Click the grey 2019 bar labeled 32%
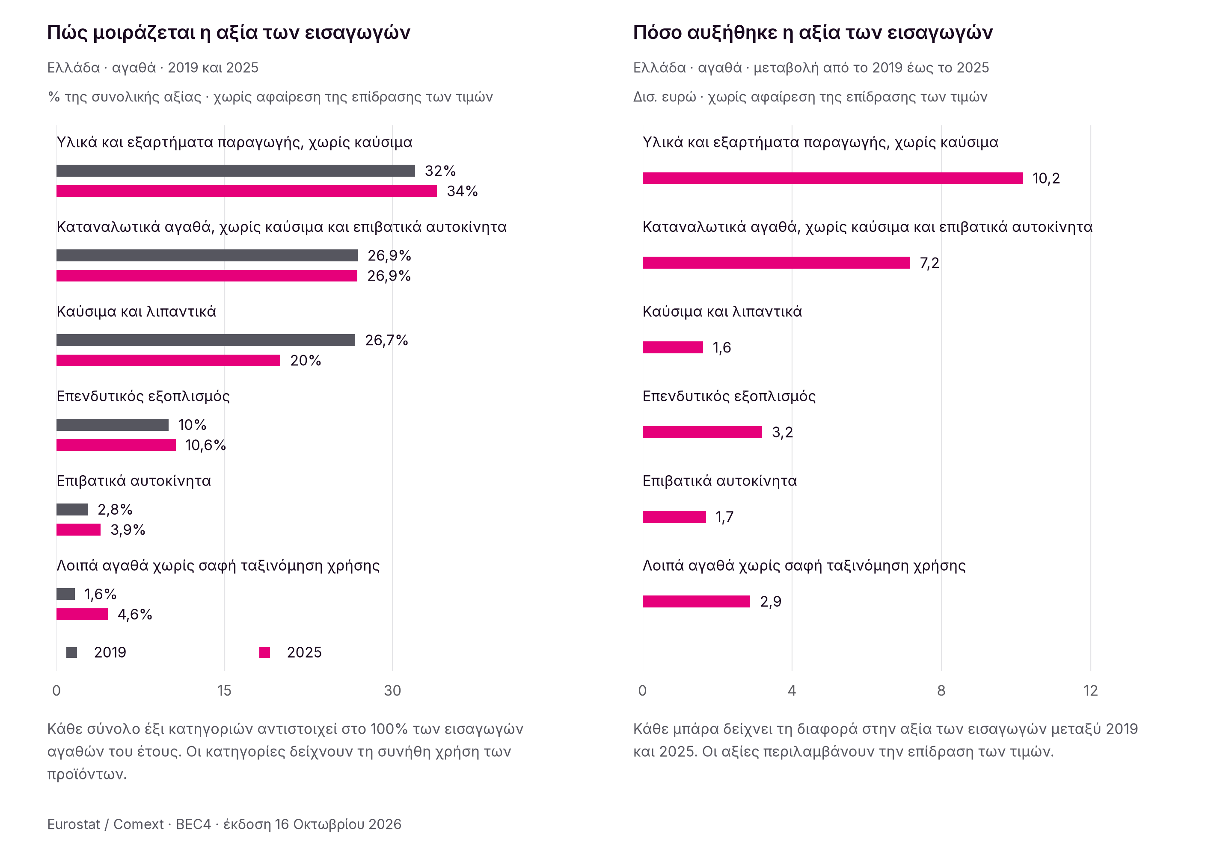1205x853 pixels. pos(235,171)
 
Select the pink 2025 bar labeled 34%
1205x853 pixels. pos(246,191)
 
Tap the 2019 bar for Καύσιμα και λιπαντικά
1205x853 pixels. pos(205,341)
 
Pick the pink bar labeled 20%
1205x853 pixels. pos(168,360)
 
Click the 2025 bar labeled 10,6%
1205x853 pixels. pos(116,445)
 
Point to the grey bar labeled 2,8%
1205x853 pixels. pos(72,509)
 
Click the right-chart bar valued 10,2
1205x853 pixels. pos(833,178)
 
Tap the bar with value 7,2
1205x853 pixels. pos(776,263)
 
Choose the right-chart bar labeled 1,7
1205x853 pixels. pos(674,517)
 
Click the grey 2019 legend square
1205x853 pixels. pos(72,652)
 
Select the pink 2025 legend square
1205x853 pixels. pos(265,652)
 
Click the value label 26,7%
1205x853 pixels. pos(386,341)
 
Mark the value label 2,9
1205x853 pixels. pos(771,601)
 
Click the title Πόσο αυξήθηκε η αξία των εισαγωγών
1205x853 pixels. pos(813,33)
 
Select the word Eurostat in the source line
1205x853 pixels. pos(74,824)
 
